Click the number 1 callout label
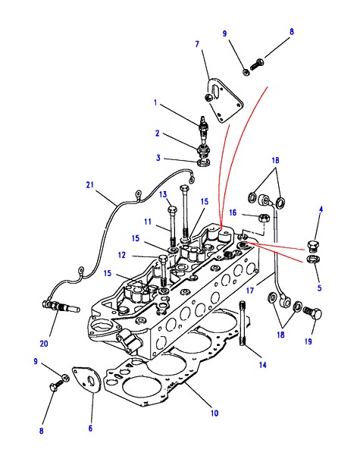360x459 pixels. pos(155,102)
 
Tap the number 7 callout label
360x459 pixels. pos(197,44)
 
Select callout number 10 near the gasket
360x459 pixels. pos(214,413)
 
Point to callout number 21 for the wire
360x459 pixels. pos(90,184)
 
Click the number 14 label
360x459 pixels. pos(263,365)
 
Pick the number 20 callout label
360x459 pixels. pos(44,344)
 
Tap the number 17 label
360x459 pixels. pos(250,291)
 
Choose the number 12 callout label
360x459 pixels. pos(122,255)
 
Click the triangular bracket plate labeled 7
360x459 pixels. pos(226,102)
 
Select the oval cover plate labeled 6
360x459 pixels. pos(87,379)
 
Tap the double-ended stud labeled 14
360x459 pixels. pos(243,323)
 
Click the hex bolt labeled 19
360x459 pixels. pos(313,313)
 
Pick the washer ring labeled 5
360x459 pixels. pos(314,259)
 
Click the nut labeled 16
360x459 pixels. pos(264,218)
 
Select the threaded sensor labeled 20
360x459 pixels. pos(61,307)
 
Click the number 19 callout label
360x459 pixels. pos(308,341)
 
